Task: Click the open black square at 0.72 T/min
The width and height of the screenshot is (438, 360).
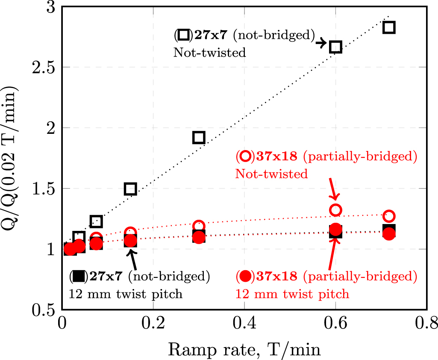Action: point(388,27)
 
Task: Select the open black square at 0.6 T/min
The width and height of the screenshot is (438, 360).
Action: point(336,47)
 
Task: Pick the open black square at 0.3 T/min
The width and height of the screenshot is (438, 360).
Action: point(199,137)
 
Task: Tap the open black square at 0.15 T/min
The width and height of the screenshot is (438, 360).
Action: point(130,189)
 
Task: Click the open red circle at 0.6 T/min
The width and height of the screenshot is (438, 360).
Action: point(336,210)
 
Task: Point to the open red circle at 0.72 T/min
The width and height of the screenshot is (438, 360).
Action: point(388,215)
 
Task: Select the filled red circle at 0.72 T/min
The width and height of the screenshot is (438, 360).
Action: point(388,234)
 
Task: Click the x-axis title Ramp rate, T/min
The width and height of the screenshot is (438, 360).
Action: point(244,350)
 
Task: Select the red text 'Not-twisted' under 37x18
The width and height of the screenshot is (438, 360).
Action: point(271,174)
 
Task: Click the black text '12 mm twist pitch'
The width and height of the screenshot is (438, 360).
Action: point(126,294)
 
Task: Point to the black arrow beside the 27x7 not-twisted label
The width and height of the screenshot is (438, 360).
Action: point(321,43)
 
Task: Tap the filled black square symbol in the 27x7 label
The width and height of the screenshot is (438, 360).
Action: point(78,277)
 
